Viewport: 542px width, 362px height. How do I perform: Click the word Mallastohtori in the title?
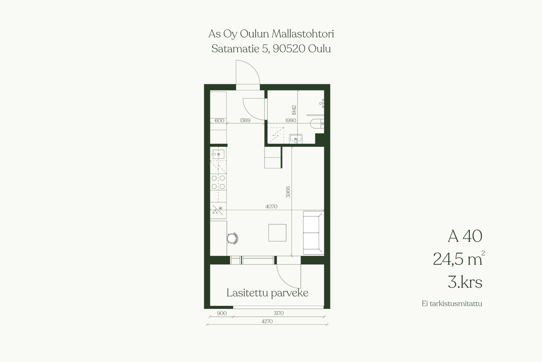pyautogui.click(x=303, y=34)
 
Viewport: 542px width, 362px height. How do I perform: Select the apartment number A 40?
pyautogui.click(x=465, y=236)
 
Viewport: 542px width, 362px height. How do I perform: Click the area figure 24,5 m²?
pyautogui.click(x=459, y=258)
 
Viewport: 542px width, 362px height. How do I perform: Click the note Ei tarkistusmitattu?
pyautogui.click(x=452, y=304)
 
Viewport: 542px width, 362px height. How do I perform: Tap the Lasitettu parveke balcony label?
pyautogui.click(x=267, y=293)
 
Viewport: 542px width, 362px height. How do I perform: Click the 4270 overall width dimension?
pyautogui.click(x=267, y=321)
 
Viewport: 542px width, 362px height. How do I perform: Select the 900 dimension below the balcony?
pyautogui.click(x=222, y=313)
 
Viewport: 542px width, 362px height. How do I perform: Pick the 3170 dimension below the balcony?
pyautogui.click(x=278, y=313)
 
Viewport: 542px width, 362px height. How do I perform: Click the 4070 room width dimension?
pyautogui.click(x=271, y=206)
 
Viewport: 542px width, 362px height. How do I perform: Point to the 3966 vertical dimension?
pyautogui.click(x=288, y=192)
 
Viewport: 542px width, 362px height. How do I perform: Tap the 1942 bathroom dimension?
pyautogui.click(x=294, y=110)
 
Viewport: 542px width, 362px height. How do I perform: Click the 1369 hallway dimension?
pyautogui.click(x=245, y=120)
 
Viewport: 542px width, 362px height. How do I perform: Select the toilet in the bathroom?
pyautogui.click(x=317, y=123)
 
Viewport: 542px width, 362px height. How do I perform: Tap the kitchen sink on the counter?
pyautogui.click(x=218, y=154)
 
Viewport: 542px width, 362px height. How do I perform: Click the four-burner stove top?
pyautogui.click(x=218, y=182)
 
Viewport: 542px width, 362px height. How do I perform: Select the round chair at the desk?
pyautogui.click(x=233, y=238)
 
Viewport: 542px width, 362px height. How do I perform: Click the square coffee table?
pyautogui.click(x=277, y=232)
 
